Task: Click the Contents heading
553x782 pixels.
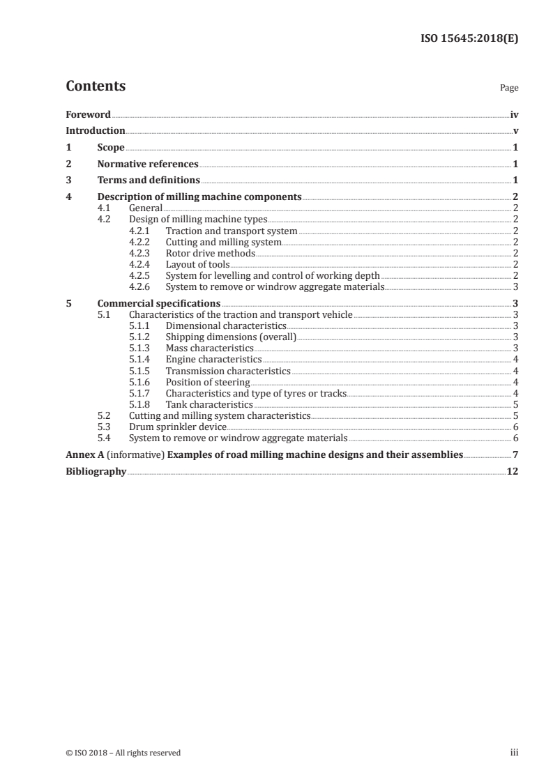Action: click(x=96, y=86)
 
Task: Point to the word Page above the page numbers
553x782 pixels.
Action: click(x=509, y=89)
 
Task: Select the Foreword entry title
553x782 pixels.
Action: click(x=88, y=114)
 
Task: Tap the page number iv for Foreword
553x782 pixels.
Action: click(x=514, y=114)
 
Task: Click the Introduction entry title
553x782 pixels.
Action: click(x=96, y=131)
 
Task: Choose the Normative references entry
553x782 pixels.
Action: click(x=148, y=164)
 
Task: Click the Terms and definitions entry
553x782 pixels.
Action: click(x=149, y=181)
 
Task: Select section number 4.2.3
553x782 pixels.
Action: click(x=142, y=253)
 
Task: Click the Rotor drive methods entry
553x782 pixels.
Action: click(x=210, y=253)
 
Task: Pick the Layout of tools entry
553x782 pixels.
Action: click(x=197, y=264)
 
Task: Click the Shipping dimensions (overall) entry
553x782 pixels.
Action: click(x=231, y=337)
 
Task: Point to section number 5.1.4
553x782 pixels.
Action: click(x=142, y=359)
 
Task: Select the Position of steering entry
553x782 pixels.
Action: click(x=207, y=381)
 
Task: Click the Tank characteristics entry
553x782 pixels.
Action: click(x=209, y=404)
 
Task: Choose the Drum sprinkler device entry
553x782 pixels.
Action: click(x=178, y=427)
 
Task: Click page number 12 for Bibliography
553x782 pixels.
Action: click(x=513, y=471)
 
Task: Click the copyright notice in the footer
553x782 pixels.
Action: click(x=123, y=752)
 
